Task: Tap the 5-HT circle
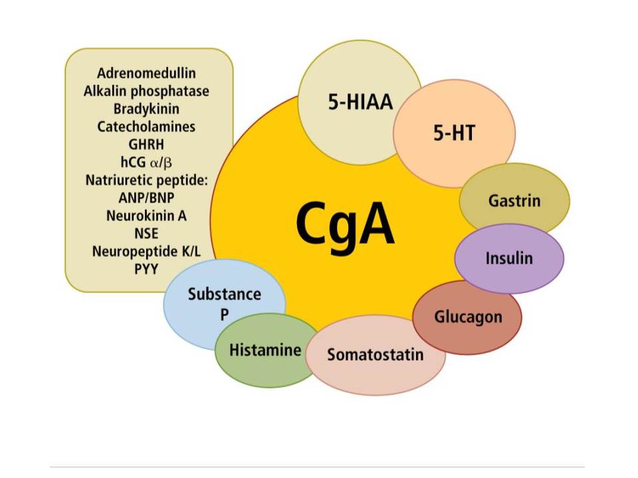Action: [x=454, y=133]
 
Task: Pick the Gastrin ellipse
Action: [x=514, y=200]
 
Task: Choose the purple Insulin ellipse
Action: [x=509, y=258]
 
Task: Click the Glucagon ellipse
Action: [x=468, y=317]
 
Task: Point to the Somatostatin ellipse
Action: [x=375, y=354]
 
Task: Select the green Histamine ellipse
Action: [x=265, y=350]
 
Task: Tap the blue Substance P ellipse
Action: [x=224, y=302]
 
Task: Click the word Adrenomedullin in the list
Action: [x=146, y=74]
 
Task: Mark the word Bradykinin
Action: [x=146, y=108]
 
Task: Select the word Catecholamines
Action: [x=146, y=126]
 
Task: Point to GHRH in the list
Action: [x=146, y=143]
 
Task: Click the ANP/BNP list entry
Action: [x=146, y=197]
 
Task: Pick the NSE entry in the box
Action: [x=146, y=233]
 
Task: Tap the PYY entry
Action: [x=146, y=269]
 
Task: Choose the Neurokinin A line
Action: [x=146, y=215]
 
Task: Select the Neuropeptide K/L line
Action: [x=146, y=251]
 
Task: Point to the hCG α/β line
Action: [x=146, y=161]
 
